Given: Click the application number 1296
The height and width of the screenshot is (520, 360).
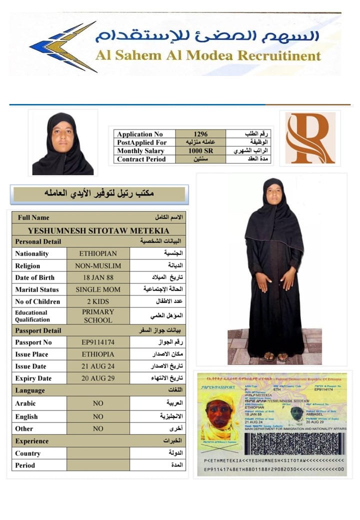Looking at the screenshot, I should click(x=201, y=134).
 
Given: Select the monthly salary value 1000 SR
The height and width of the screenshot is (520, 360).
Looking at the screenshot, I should click(x=201, y=150).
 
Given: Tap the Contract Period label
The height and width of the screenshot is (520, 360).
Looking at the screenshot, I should click(x=141, y=159).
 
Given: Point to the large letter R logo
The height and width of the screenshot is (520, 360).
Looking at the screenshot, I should click(x=310, y=138).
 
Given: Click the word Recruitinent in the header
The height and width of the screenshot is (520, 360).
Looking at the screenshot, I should click(x=279, y=55).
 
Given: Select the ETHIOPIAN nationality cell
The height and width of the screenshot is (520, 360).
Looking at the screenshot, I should click(x=98, y=253).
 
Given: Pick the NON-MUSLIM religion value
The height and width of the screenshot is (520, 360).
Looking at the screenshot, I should click(x=98, y=265).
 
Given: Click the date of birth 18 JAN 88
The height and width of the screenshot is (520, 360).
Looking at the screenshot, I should click(x=98, y=277).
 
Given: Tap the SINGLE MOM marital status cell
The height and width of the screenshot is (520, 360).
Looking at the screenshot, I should click(x=98, y=289).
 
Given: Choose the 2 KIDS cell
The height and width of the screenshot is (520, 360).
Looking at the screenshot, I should click(x=98, y=301).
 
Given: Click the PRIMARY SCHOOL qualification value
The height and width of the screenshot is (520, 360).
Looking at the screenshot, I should click(x=98, y=316).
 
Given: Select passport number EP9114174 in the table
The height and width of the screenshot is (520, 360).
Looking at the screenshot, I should click(x=98, y=342).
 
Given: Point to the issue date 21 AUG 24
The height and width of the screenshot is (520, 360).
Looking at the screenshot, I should click(x=98, y=366).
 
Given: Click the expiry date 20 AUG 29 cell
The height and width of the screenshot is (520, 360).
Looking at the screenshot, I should click(x=98, y=378).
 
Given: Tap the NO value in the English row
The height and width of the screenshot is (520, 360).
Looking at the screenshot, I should click(x=98, y=416).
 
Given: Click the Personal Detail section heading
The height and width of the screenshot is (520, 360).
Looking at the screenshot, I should click(x=38, y=241).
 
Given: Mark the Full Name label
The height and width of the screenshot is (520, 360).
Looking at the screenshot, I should click(x=33, y=217).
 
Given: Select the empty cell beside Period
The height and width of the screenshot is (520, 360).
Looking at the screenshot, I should click(x=98, y=465).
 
